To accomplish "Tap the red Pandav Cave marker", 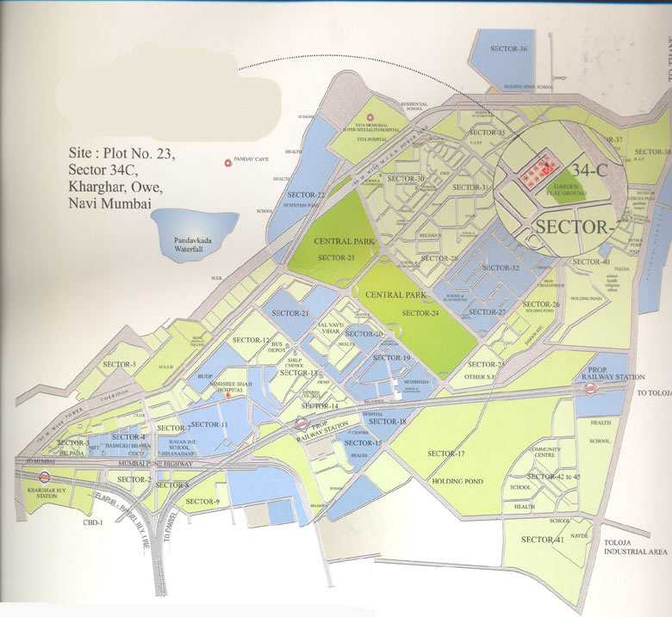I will click(x=227, y=161).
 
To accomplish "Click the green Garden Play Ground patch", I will click(x=569, y=189).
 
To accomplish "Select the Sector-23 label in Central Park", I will click(x=336, y=257).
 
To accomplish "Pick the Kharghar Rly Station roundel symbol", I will click(x=43, y=479).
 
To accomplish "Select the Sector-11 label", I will click(x=208, y=425).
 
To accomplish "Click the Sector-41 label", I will click(x=542, y=540).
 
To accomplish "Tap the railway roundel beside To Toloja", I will click(x=590, y=389).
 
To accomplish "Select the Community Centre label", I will click(x=544, y=453).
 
